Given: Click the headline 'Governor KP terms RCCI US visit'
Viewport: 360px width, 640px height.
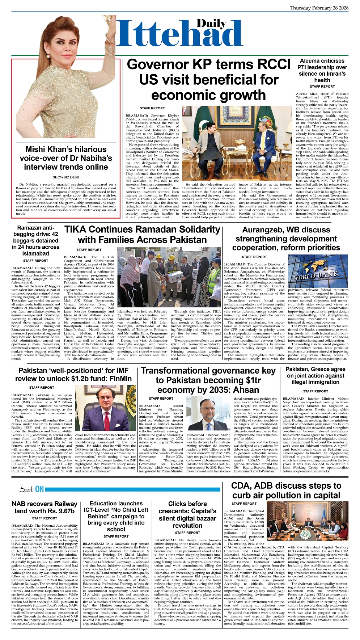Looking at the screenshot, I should click(208, 80).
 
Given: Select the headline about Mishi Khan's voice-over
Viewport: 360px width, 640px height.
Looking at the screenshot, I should click(66, 158).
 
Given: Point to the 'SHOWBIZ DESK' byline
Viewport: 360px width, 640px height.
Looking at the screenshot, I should click(66, 177).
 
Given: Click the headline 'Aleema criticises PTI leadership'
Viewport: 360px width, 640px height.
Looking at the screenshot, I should click(322, 71).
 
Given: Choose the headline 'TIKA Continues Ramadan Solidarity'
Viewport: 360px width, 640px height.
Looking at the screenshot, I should click(142, 235).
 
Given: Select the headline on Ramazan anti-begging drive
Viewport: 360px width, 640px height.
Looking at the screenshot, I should click(35, 241).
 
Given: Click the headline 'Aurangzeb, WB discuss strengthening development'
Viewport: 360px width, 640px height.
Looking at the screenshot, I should click(286, 239).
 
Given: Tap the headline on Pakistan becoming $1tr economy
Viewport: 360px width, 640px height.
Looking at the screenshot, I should click(208, 380).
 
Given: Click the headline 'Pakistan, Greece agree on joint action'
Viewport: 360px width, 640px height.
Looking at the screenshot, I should click(315, 376).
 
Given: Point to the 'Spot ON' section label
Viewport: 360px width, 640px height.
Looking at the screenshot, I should click(32, 490).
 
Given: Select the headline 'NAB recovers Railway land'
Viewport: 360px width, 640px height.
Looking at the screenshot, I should click(45, 508).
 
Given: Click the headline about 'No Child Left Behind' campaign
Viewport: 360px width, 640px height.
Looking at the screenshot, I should click(116, 516).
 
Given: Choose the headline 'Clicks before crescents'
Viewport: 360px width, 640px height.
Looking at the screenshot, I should click(187, 514).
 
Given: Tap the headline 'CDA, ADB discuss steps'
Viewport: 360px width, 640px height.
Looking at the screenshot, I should click(286, 490).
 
